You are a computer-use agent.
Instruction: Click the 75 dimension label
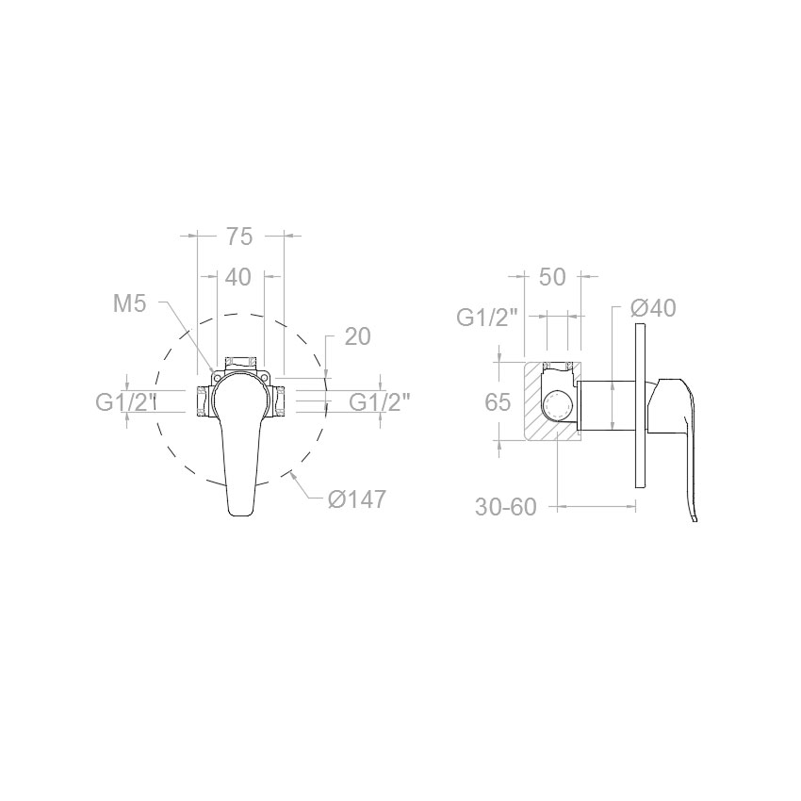238,237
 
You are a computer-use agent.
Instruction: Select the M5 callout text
130,304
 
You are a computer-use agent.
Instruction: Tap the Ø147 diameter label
357,499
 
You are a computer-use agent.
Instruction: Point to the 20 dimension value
357,336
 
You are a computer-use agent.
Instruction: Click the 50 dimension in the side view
552,277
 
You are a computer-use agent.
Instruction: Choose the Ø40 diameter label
653,308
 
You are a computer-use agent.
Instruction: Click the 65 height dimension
498,402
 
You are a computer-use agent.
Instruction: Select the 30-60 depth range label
506,507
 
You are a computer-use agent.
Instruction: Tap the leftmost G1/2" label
125,403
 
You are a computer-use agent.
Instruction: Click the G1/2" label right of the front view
380,403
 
